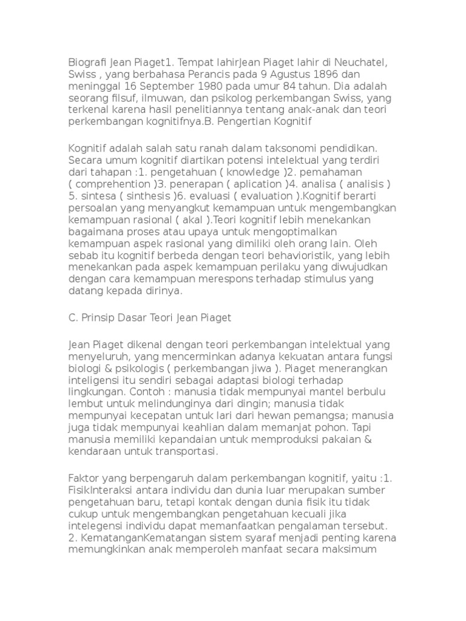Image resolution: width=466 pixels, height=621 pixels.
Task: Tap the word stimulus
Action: [x=329, y=279]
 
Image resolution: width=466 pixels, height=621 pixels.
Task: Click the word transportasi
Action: [x=180, y=452]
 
